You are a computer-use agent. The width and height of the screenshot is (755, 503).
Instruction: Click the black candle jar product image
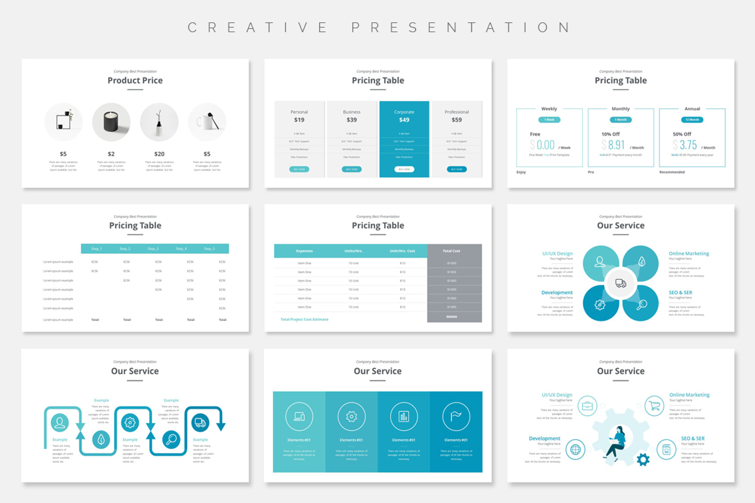tap(111, 122)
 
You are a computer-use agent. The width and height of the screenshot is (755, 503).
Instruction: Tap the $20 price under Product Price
tap(159, 154)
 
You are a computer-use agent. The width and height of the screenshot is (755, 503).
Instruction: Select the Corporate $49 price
tap(404, 120)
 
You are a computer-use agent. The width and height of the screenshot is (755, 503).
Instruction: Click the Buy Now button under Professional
tap(457, 169)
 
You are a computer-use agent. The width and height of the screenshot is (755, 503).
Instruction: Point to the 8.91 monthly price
tap(616, 145)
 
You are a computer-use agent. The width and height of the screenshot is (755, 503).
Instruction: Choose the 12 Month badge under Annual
tap(692, 120)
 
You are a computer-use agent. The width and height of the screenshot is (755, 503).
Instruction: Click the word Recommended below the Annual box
tap(672, 172)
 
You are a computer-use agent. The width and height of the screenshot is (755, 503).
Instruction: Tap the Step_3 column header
tap(153, 248)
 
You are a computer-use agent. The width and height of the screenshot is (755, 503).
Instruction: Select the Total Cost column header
tap(452, 251)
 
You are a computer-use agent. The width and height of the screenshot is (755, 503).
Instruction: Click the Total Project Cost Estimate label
tap(304, 320)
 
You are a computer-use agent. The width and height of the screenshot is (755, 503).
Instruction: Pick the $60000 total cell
tap(452, 317)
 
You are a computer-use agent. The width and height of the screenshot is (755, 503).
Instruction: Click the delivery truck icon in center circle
tap(621, 283)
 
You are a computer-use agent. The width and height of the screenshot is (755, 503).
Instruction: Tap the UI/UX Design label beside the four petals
tap(557, 254)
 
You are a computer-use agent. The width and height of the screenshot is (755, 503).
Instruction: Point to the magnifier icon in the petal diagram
tap(642, 305)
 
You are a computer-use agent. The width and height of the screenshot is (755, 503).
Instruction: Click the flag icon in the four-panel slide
tap(456, 416)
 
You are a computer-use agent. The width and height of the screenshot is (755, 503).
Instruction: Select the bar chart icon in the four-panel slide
tap(403, 416)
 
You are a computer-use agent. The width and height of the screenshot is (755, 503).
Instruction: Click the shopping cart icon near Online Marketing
tap(654, 406)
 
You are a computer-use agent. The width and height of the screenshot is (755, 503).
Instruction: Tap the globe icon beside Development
tap(575, 449)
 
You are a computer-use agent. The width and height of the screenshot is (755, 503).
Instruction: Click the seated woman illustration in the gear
tap(616, 442)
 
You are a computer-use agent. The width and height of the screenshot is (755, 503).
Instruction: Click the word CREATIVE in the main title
tap(258, 27)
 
